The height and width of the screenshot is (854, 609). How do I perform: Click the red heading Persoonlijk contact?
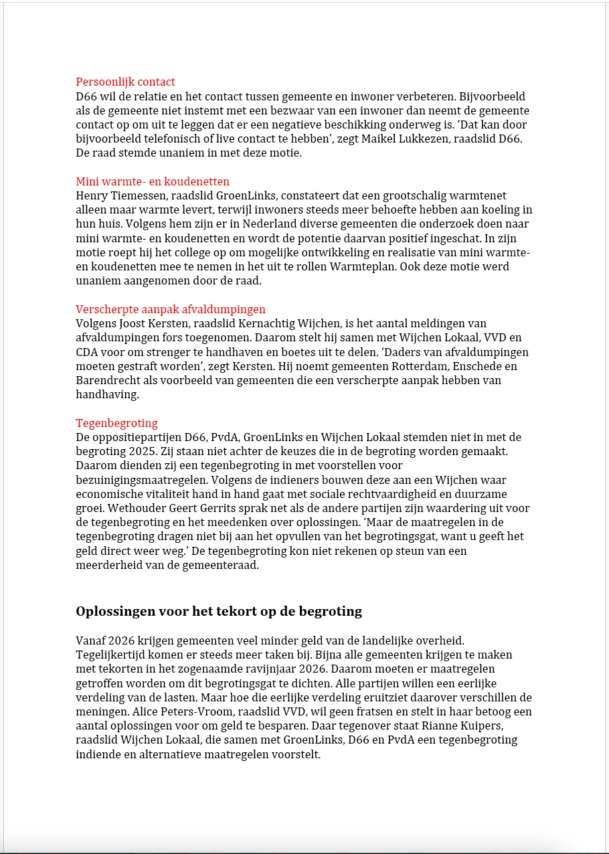point(125,82)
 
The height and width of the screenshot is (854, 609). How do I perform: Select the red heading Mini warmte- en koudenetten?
point(153,181)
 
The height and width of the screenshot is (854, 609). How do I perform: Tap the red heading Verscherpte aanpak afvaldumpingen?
point(171,309)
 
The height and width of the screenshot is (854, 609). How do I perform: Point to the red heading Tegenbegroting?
point(116,423)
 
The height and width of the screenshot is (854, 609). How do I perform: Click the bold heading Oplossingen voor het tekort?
point(219,611)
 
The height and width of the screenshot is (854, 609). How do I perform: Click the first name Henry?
point(90,195)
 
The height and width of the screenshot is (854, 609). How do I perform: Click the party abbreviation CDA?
point(88,352)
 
